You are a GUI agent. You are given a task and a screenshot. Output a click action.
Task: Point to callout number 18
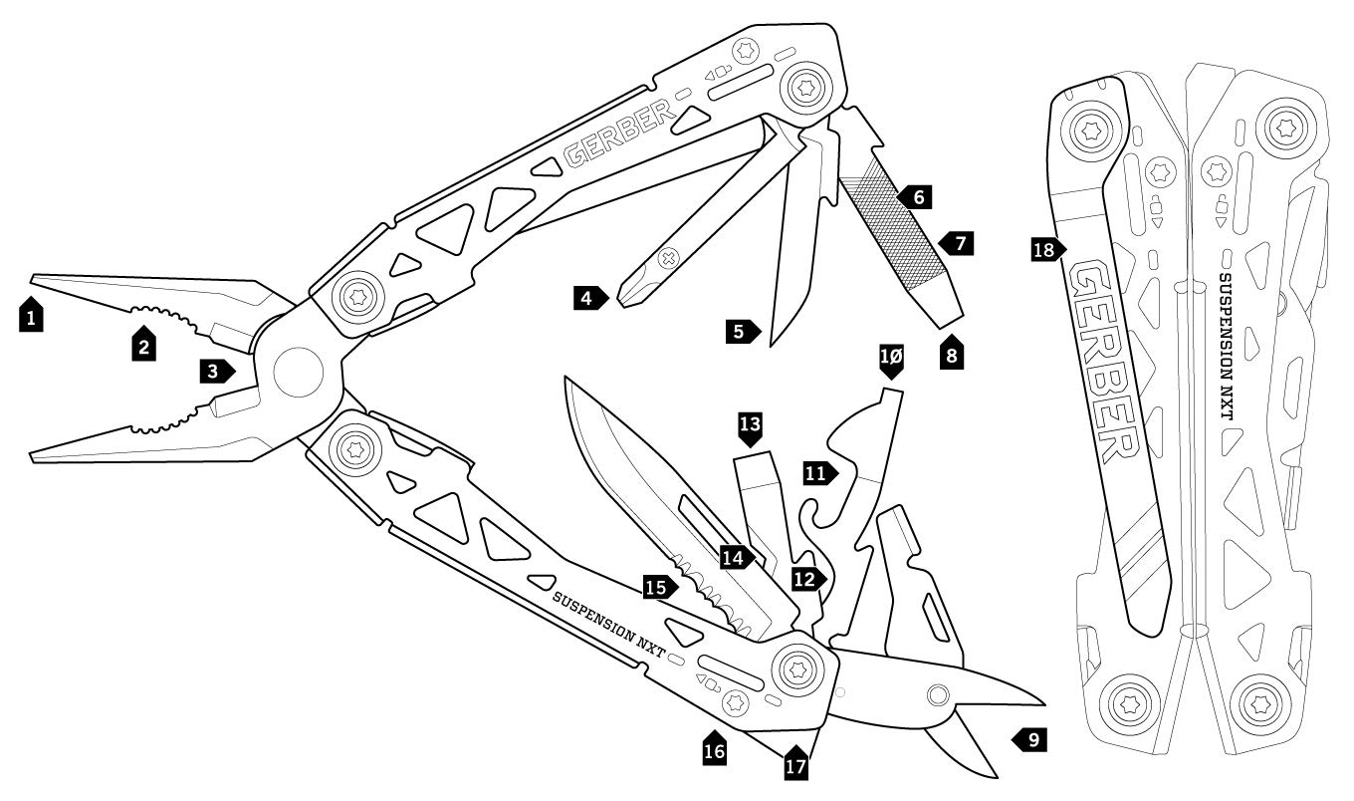coord(1045,249)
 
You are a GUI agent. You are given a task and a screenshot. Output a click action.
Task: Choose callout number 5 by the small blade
coord(741,331)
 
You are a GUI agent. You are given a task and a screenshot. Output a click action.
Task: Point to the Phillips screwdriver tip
coord(627,299)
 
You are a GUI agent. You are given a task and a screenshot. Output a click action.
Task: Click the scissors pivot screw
coord(936,693)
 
